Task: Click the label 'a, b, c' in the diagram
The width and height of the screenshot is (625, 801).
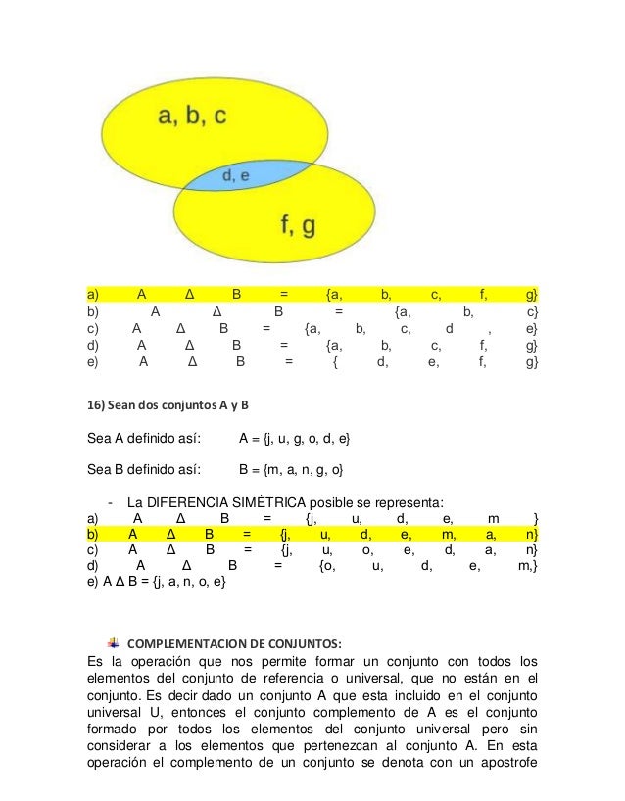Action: (x=192, y=118)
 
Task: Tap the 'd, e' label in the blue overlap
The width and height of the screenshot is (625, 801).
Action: (x=236, y=176)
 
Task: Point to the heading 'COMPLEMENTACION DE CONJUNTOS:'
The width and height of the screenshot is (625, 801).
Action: (x=235, y=643)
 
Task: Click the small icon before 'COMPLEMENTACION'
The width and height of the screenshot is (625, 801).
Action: (x=114, y=643)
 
